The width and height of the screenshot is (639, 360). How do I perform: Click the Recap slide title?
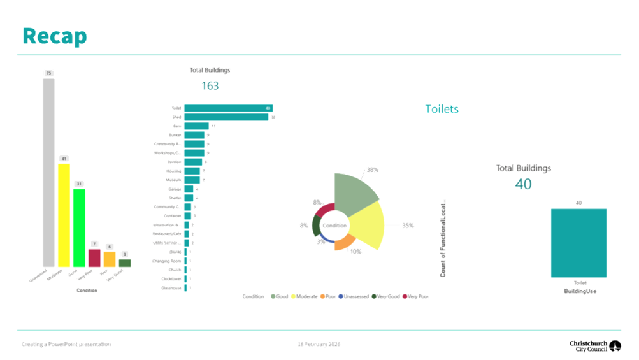tap(54, 36)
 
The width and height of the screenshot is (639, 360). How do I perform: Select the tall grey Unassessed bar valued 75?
tap(48, 172)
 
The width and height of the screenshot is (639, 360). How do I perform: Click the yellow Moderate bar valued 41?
tap(64, 215)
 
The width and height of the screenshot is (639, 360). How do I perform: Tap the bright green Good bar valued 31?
tap(79, 227)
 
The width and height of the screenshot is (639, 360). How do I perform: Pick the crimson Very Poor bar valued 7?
tap(94, 258)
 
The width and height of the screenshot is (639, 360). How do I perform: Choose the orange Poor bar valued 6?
tap(110, 259)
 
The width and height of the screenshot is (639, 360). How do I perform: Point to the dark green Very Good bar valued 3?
tap(125, 263)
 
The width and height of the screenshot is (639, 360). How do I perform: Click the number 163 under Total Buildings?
tap(210, 85)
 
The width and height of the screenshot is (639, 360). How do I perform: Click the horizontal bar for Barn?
tap(196, 126)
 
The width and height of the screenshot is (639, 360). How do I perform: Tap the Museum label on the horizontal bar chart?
tap(174, 180)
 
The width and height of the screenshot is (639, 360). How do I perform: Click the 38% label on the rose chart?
tap(372, 170)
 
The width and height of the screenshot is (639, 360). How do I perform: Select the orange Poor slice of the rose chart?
tap(344, 242)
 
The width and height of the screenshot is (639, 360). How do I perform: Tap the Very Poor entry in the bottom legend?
tap(416, 296)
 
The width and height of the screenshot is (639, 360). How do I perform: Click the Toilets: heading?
tap(442, 109)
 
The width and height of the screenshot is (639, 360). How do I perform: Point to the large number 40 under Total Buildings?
tap(523, 184)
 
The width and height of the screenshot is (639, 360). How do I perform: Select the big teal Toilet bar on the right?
tap(578, 243)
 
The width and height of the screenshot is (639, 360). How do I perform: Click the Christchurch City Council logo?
tap(596, 345)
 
